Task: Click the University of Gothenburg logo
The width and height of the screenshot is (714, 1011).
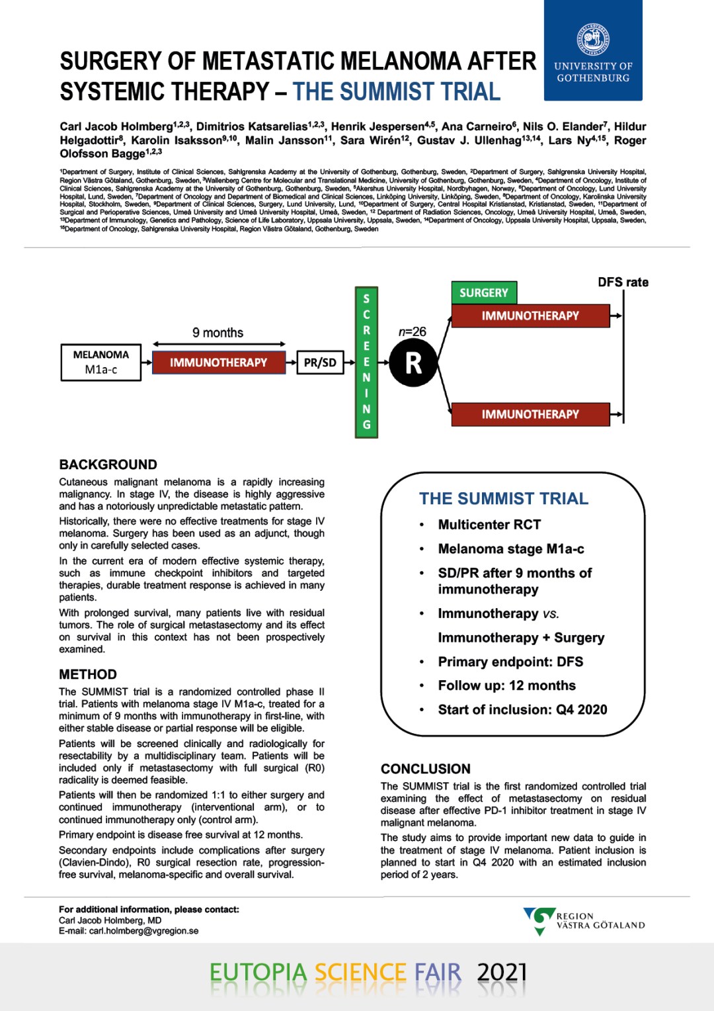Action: [593, 50]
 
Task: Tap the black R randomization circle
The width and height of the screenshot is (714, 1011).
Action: [413, 363]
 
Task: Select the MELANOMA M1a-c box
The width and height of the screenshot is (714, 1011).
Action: [101, 363]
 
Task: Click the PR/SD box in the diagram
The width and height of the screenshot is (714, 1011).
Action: [320, 363]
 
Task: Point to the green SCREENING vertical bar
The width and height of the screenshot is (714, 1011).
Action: [366, 362]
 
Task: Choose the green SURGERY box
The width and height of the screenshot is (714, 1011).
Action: [484, 292]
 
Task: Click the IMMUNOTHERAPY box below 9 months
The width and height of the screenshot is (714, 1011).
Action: [219, 363]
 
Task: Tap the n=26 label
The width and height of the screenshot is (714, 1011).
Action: [412, 331]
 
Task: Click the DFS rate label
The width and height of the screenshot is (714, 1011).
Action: [623, 283]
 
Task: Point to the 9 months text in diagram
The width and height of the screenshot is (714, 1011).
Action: [218, 333]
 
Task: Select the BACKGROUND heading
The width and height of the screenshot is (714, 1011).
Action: [108, 464]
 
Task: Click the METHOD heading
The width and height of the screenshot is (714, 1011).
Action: [88, 674]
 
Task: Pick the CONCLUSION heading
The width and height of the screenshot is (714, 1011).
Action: [426, 769]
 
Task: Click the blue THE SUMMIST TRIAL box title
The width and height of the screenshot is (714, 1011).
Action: [504, 498]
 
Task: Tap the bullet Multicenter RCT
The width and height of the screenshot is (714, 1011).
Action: [489, 525]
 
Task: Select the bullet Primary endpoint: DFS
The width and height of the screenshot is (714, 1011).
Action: [510, 662]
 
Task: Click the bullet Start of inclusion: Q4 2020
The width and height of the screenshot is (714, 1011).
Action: [522, 710]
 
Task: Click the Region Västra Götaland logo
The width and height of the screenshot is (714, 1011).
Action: [584, 920]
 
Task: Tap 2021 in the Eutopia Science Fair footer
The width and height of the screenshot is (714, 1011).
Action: [502, 972]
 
